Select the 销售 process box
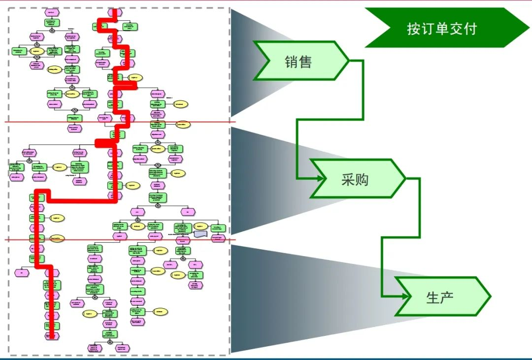tap(300, 61)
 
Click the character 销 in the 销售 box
tap(292, 62)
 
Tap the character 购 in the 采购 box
tap(363, 179)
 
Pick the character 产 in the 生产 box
tap(447, 297)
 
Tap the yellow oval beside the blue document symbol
tap(199, 226)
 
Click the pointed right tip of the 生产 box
tap(490, 296)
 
